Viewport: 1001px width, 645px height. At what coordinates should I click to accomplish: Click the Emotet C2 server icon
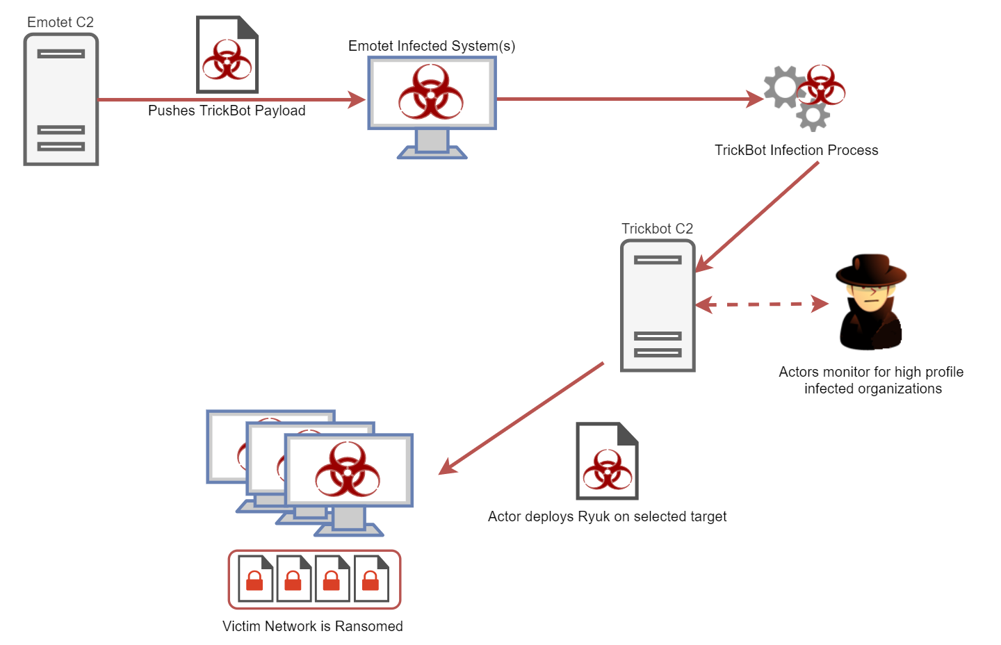61,99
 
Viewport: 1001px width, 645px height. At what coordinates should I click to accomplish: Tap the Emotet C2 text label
60,22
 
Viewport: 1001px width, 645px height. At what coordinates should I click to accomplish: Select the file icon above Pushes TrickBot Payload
227,55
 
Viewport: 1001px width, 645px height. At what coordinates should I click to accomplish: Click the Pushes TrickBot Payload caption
227,111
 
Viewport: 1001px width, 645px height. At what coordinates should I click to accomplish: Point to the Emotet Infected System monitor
432,93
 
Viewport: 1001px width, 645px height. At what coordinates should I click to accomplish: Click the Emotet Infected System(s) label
432,46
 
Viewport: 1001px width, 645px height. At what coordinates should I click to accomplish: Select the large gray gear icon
783,88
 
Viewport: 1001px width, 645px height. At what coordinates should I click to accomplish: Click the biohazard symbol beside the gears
822,85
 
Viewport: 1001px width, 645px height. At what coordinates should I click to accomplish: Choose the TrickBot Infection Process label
796,150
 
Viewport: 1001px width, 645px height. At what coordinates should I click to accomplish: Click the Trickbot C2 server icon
658,306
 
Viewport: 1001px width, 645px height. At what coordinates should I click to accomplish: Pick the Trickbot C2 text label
657,229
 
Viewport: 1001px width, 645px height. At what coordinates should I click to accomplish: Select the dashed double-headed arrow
762,304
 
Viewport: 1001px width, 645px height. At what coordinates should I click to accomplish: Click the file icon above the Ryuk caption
607,461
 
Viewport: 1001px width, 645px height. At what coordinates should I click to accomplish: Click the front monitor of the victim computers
349,471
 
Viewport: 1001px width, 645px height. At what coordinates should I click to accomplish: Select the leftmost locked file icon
255,579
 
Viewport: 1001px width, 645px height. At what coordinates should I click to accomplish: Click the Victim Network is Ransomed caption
312,626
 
